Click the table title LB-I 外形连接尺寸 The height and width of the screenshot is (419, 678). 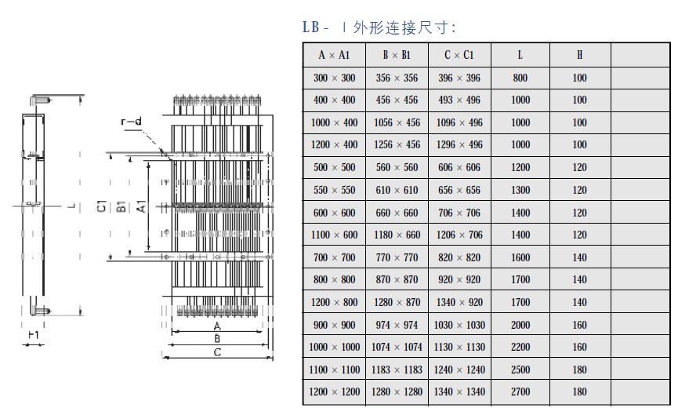click(x=379, y=27)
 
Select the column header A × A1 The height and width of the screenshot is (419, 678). click(x=334, y=55)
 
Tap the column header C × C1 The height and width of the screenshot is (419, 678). click(x=459, y=55)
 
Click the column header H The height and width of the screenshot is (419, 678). click(x=579, y=55)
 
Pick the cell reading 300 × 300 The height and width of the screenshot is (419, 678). click(x=334, y=78)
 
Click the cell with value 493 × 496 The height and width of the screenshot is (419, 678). click(x=459, y=100)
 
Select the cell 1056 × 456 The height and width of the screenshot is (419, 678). click(x=397, y=122)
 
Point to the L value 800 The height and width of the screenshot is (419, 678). click(x=520, y=78)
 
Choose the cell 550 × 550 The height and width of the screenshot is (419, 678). click(x=334, y=190)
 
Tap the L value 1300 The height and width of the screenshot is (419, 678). click(x=520, y=190)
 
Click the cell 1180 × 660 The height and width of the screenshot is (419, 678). click(x=397, y=235)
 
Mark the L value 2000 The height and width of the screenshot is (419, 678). click(x=520, y=325)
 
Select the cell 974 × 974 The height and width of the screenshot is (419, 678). click(x=397, y=325)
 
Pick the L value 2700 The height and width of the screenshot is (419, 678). click(x=520, y=392)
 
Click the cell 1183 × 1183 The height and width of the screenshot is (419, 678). click(x=397, y=370)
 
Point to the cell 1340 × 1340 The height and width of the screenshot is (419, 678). click(x=459, y=392)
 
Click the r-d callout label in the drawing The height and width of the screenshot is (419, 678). click(x=131, y=122)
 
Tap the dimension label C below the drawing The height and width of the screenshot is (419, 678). click(x=217, y=352)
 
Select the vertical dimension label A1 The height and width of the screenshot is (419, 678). click(x=141, y=206)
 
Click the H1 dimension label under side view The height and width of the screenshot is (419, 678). click(x=33, y=334)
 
